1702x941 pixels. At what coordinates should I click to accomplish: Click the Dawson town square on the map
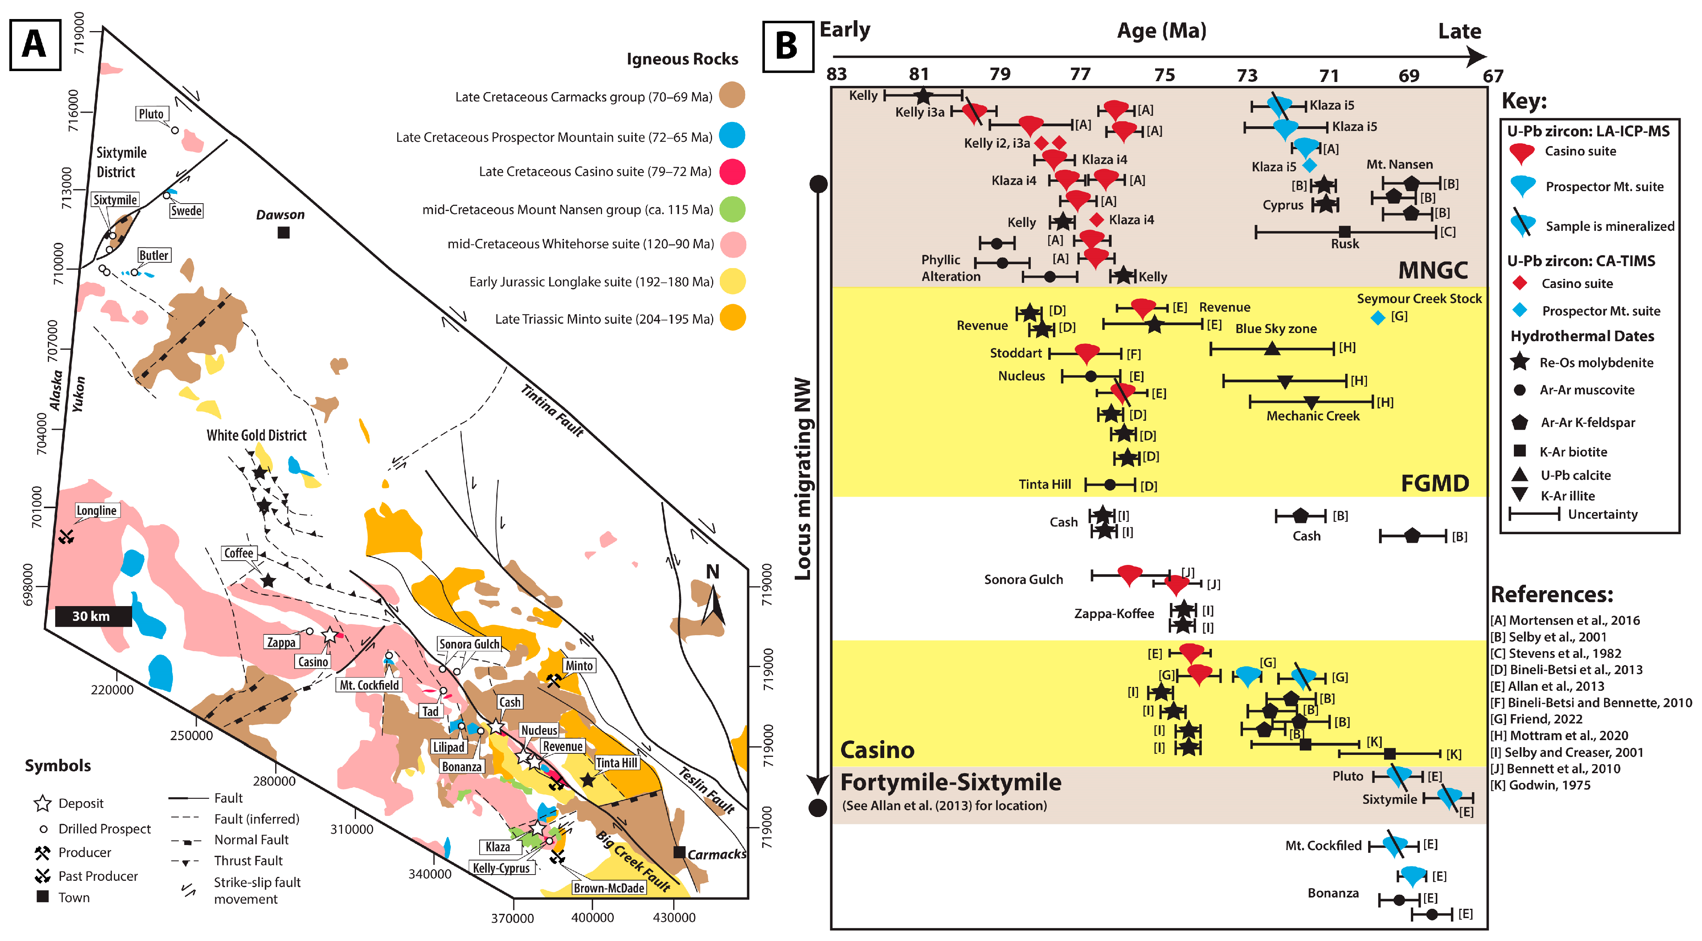(x=283, y=232)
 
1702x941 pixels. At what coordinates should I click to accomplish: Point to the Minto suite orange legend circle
(x=732, y=318)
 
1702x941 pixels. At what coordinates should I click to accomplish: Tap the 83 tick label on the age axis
(x=836, y=74)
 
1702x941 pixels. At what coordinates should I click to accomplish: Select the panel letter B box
(x=787, y=46)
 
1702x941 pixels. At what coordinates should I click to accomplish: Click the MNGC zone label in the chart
(x=1432, y=270)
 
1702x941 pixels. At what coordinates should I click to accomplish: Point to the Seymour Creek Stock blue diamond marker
(x=1377, y=318)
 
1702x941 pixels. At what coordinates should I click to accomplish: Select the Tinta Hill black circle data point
(x=1110, y=485)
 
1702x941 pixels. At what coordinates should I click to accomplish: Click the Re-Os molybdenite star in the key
(x=1520, y=362)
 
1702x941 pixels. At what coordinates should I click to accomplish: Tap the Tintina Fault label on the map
(x=552, y=411)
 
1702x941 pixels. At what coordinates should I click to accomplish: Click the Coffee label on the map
(x=239, y=553)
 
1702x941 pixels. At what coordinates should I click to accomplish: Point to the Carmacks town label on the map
(x=717, y=854)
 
